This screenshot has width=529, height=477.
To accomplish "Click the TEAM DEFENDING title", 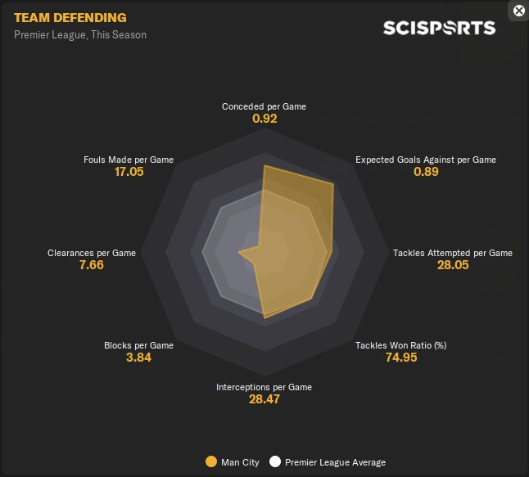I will [70, 17].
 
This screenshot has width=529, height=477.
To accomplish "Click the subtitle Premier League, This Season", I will [80, 35].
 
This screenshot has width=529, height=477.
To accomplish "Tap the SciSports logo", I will [439, 28].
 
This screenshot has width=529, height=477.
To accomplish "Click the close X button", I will [518, 11].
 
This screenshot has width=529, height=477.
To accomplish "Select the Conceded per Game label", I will [264, 106].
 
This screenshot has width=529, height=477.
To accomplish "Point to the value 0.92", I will [264, 119].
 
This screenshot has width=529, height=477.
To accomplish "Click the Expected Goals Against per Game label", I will [425, 160].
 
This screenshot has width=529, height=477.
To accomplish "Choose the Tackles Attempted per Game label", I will [453, 253].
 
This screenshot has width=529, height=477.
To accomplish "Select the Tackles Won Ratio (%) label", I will [400, 345].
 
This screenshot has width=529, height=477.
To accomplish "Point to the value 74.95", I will [400, 358].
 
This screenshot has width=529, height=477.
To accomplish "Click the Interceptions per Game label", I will [264, 387].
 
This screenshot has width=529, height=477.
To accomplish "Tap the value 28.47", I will [264, 400].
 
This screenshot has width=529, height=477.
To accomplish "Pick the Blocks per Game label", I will [138, 345].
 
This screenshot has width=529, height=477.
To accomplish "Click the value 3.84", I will [138, 358].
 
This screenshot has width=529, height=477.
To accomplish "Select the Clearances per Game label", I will [92, 253].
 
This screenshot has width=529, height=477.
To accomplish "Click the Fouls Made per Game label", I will [129, 160].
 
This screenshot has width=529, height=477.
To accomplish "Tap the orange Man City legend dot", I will [211, 462].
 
